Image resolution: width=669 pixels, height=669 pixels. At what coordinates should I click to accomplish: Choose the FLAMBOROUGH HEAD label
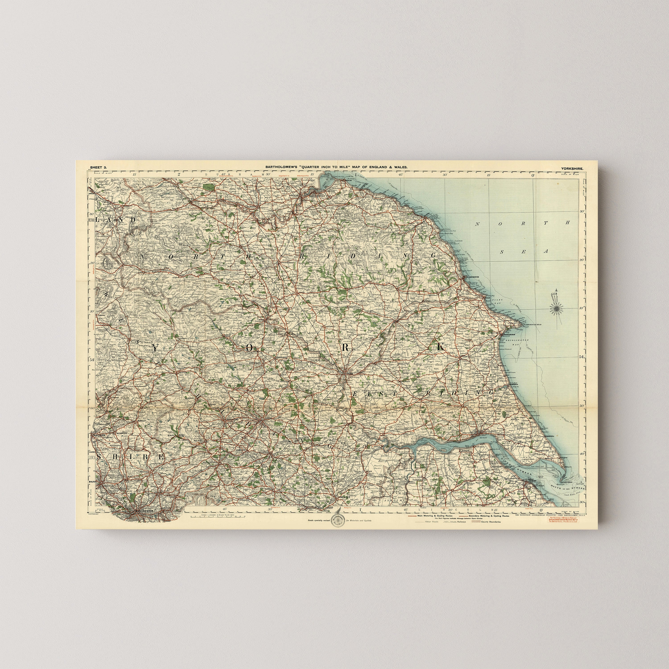[532, 325]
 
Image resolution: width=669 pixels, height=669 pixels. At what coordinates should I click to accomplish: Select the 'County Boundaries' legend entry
[490, 522]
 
